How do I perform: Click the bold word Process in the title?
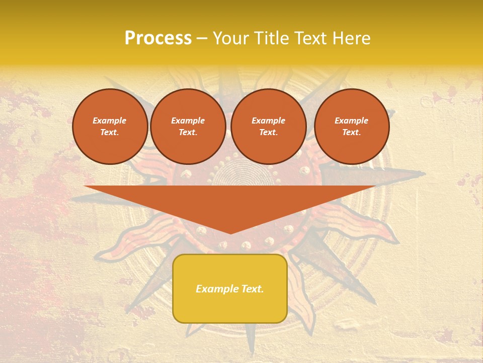[x=158, y=38]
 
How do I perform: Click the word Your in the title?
[x=231, y=38]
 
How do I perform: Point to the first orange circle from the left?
[x=110, y=127]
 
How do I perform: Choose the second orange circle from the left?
[x=188, y=127]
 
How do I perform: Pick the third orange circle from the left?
[x=268, y=127]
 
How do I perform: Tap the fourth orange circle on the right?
[x=351, y=127]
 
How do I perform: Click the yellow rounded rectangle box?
[x=230, y=288]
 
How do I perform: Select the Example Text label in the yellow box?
[x=230, y=289]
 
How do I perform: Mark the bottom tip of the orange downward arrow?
[x=230, y=233]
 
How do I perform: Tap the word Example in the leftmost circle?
[x=110, y=120]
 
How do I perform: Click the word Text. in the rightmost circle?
[x=351, y=133]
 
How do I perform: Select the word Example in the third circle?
[x=268, y=120]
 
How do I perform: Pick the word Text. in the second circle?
[x=188, y=133]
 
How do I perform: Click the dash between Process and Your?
[x=202, y=39]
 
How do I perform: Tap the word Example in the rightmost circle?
[x=351, y=120]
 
